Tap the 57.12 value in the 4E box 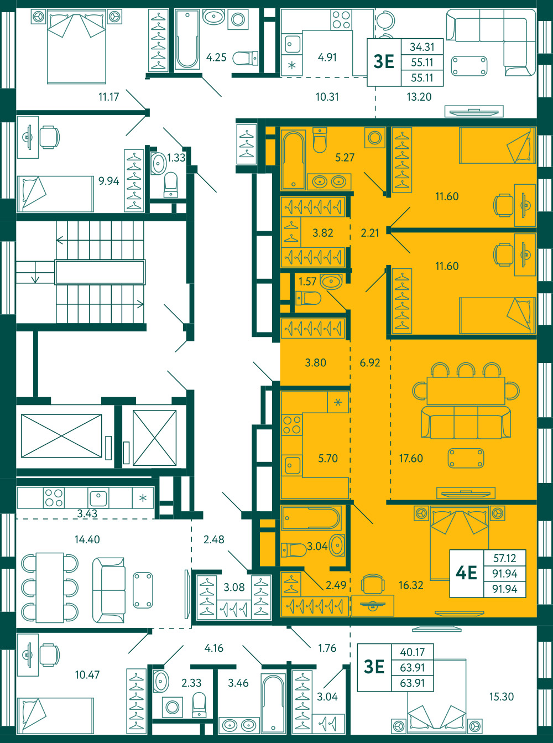505,558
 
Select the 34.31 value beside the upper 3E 422,47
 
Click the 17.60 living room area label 411,458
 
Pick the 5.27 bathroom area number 345,158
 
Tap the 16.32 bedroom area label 411,585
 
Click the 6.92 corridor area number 370,362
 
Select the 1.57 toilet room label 307,282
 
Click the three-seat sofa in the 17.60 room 466,422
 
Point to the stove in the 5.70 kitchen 292,425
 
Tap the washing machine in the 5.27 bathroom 375,137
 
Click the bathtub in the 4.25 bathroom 187,39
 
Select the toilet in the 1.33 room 171,185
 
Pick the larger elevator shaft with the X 61,436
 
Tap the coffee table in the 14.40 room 143,590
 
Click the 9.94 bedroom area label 108,181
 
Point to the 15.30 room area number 502,697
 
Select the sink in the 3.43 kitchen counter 98,498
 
